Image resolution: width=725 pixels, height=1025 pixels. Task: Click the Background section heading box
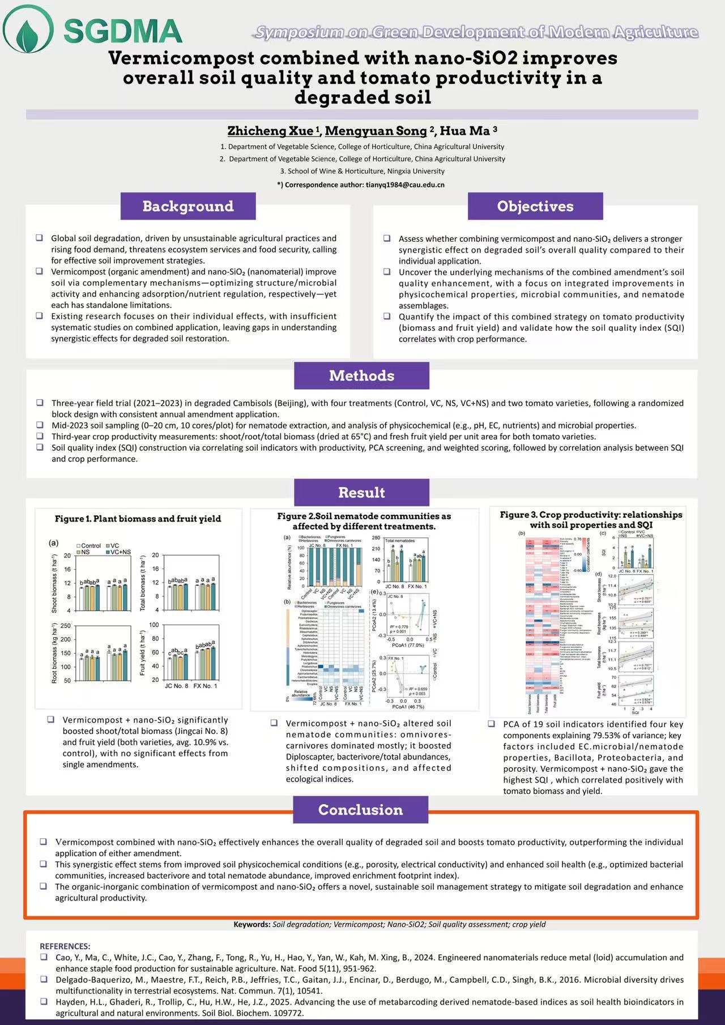[187, 206]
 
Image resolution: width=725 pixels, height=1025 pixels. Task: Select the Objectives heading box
[535, 206]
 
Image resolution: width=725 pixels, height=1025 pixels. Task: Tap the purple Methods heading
[361, 375]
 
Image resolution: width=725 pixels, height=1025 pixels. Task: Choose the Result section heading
[361, 493]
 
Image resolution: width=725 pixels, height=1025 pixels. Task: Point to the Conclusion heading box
[360, 810]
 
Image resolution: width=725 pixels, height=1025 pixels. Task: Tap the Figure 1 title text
[138, 519]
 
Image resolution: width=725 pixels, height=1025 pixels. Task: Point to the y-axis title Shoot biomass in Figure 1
[54, 583]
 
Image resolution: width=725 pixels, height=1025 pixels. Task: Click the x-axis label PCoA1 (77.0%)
[404, 645]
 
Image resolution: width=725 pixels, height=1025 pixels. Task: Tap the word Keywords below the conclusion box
[252, 924]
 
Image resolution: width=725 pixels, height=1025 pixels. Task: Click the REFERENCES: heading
[65, 946]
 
